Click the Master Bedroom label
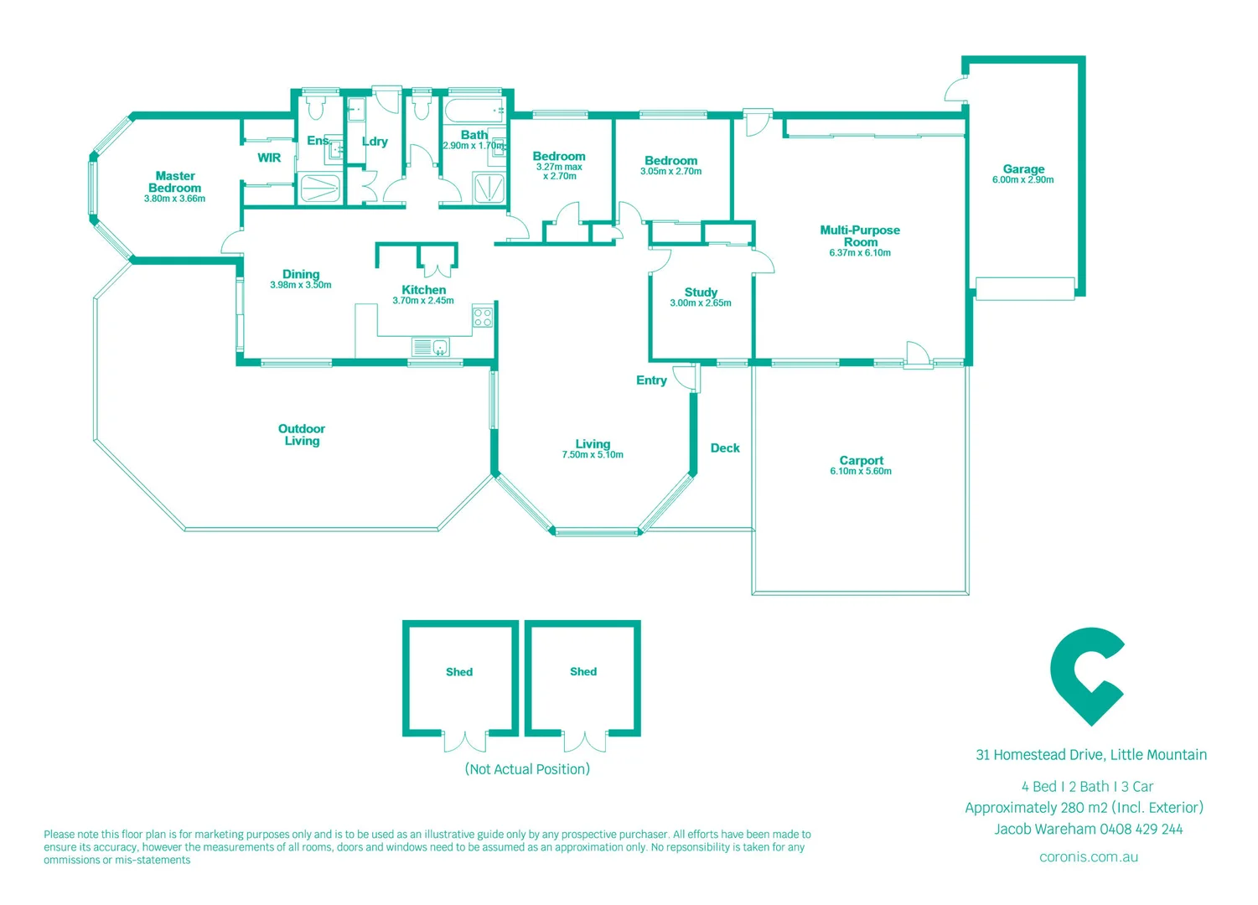point(174,182)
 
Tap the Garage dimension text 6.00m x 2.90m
point(1022,180)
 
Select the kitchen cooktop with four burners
point(483,318)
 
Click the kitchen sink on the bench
point(431,347)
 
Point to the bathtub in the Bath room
point(474,111)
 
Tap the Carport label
point(861,460)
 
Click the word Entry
point(651,380)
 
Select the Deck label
point(725,448)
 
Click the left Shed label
point(459,672)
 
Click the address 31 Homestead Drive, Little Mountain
point(1090,755)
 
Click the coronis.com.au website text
point(1088,857)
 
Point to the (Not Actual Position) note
point(527,769)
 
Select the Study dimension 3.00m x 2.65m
point(700,303)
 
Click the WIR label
point(269,158)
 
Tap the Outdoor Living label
point(302,435)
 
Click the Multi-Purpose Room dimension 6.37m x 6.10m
point(860,253)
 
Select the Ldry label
point(375,142)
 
